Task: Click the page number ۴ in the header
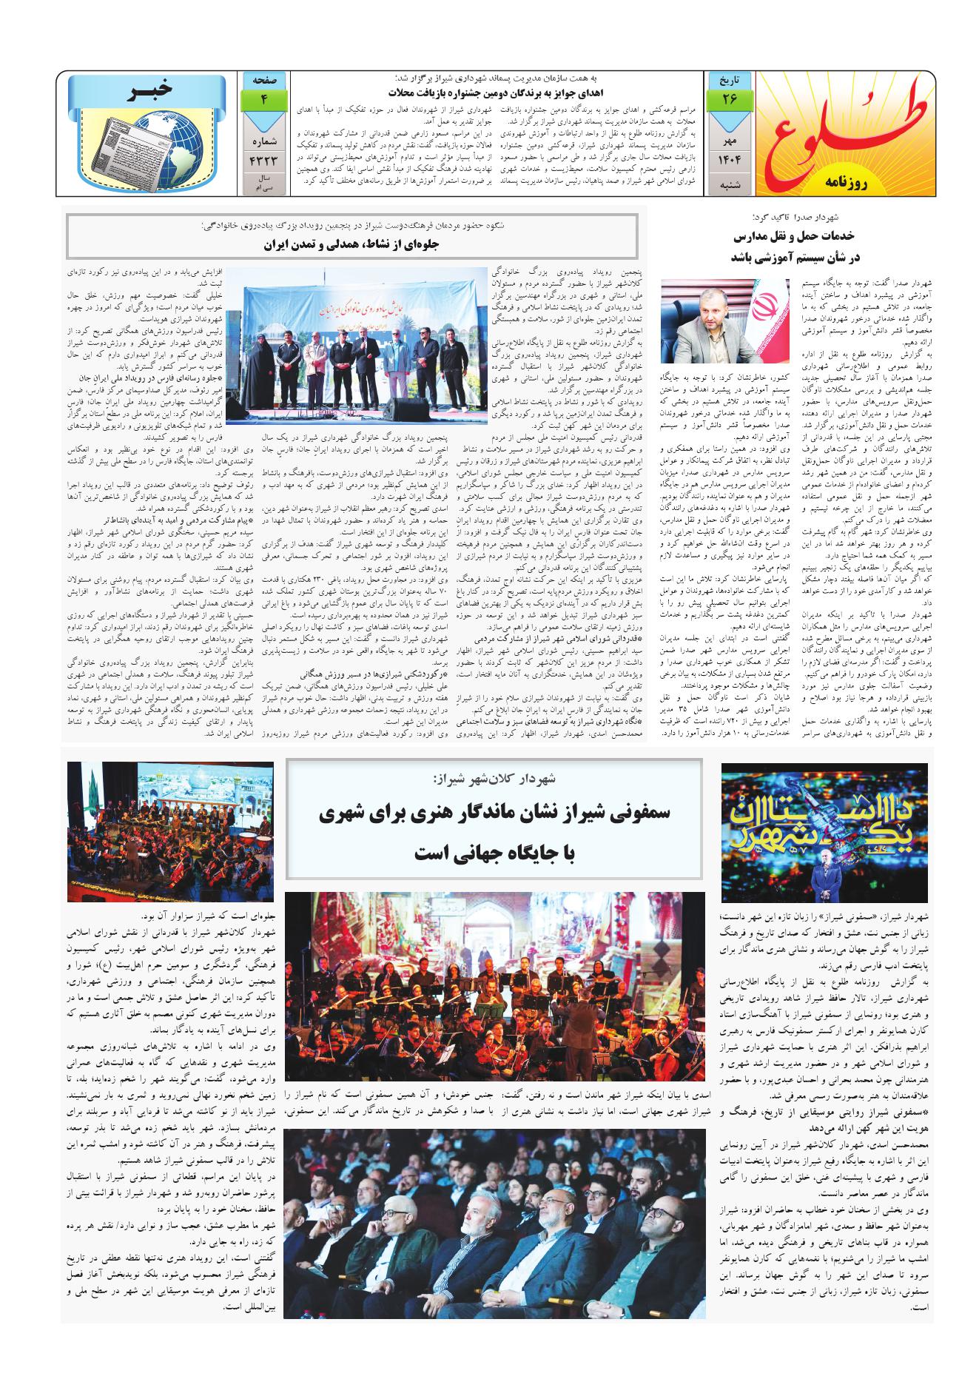point(264,98)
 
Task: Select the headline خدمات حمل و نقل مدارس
point(794,237)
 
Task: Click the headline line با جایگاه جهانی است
point(494,853)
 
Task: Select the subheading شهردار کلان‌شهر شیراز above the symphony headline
point(494,779)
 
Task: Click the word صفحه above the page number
point(264,78)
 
